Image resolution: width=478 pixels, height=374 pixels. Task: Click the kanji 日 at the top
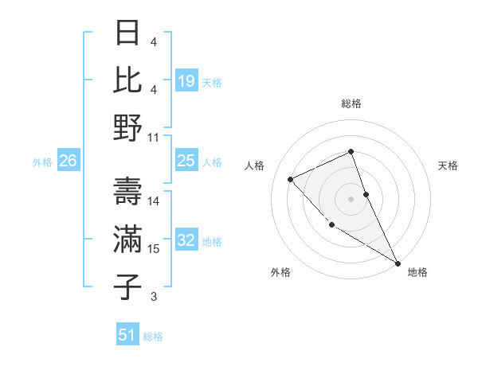click(x=129, y=33)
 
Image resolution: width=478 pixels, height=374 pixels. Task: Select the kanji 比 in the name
click(x=129, y=80)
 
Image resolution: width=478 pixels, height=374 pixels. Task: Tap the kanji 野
click(x=129, y=127)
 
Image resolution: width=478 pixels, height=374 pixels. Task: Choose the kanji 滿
click(x=129, y=240)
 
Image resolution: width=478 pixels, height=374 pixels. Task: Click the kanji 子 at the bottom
click(x=129, y=286)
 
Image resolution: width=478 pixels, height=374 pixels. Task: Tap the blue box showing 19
click(x=186, y=80)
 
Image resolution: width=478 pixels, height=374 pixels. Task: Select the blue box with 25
click(x=186, y=161)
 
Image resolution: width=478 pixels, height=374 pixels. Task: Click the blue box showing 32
click(x=186, y=241)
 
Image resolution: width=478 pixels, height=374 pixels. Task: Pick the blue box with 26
click(x=68, y=162)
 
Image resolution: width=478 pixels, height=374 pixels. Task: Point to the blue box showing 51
click(x=127, y=335)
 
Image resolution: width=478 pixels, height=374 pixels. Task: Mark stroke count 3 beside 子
click(x=154, y=297)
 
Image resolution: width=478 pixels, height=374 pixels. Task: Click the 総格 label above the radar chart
click(x=351, y=103)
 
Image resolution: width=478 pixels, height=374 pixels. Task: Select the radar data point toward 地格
click(x=398, y=263)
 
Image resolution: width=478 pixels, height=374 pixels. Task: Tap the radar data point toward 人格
click(x=291, y=179)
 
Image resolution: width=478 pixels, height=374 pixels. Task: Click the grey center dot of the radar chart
click(x=351, y=198)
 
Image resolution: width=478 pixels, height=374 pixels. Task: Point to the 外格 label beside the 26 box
click(x=42, y=162)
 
